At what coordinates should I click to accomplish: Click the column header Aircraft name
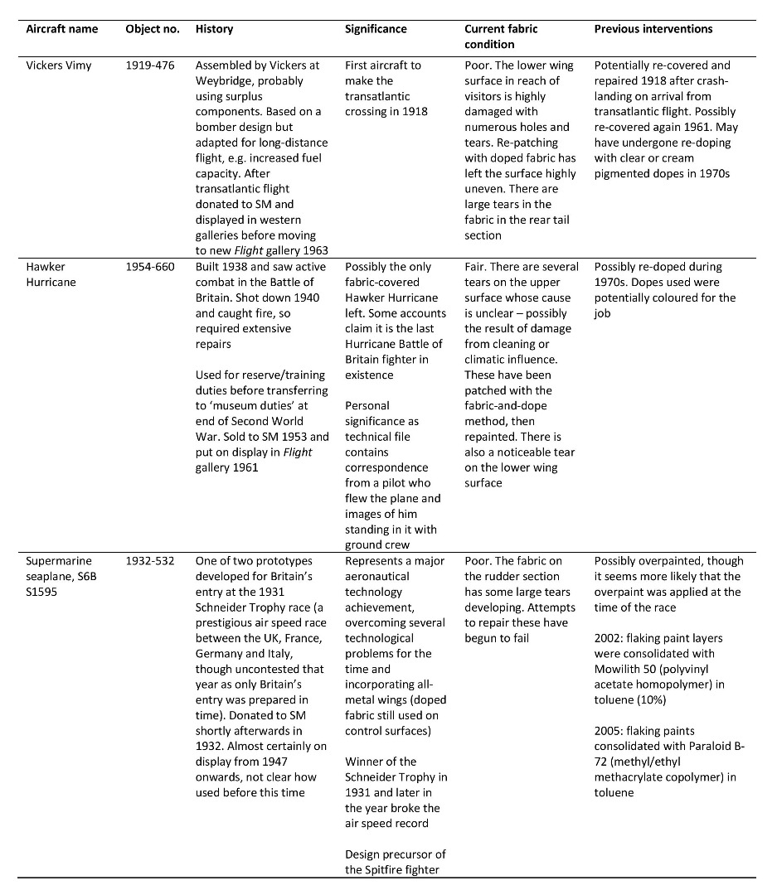tap(61, 29)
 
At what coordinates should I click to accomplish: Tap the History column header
tap(213, 29)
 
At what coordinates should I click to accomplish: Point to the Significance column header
tap(376, 29)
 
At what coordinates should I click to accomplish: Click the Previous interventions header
tap(653, 29)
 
